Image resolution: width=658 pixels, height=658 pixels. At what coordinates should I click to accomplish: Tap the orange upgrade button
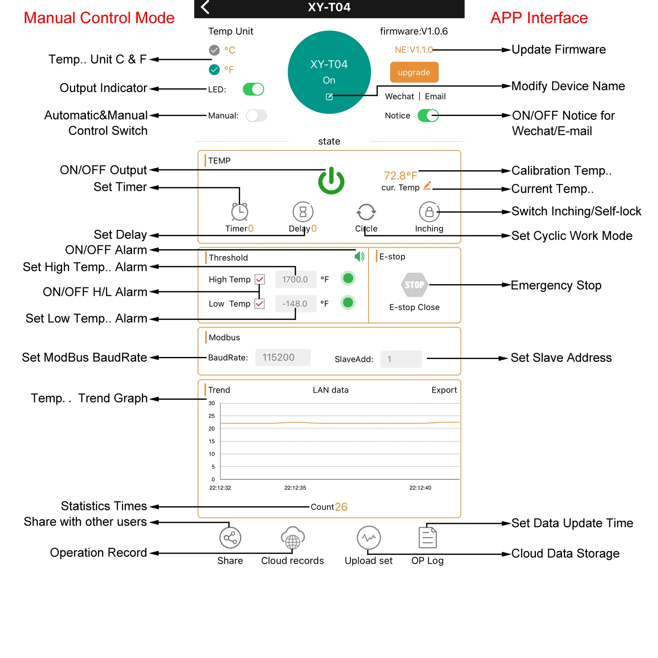[x=414, y=72]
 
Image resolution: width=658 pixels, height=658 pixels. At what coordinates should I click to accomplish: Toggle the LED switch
[x=253, y=89]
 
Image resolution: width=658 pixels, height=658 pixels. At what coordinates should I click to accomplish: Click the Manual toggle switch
[x=256, y=116]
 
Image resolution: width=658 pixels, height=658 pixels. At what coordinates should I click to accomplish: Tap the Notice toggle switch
[x=428, y=116]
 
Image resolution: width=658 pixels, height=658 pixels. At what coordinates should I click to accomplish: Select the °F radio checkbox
[x=214, y=70]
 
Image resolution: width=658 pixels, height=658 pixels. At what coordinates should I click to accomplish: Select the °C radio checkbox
[x=214, y=50]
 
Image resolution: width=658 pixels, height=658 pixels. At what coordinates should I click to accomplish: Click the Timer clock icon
[x=239, y=212]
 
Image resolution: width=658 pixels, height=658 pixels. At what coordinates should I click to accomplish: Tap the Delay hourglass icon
[x=303, y=212]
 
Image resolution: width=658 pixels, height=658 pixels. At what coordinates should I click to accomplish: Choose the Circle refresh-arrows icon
[x=366, y=212]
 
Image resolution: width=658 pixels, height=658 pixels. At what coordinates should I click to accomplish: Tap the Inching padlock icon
[x=429, y=212]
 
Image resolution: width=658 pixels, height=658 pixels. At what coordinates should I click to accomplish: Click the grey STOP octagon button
[x=414, y=285]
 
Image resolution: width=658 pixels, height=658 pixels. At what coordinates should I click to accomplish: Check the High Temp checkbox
[x=259, y=280]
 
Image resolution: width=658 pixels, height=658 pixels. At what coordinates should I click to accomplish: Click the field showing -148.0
[x=295, y=304]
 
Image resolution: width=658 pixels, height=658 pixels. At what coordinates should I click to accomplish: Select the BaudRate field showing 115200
[x=283, y=357]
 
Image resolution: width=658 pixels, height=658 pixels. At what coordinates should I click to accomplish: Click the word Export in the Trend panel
[x=444, y=390]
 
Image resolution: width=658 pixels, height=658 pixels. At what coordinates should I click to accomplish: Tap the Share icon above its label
[x=230, y=538]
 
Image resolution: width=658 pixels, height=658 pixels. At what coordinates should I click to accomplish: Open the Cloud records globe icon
[x=292, y=538]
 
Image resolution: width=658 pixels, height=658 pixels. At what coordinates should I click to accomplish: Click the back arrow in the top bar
[x=205, y=7]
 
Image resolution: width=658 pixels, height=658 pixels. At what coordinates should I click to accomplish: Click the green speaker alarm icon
[x=359, y=257]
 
